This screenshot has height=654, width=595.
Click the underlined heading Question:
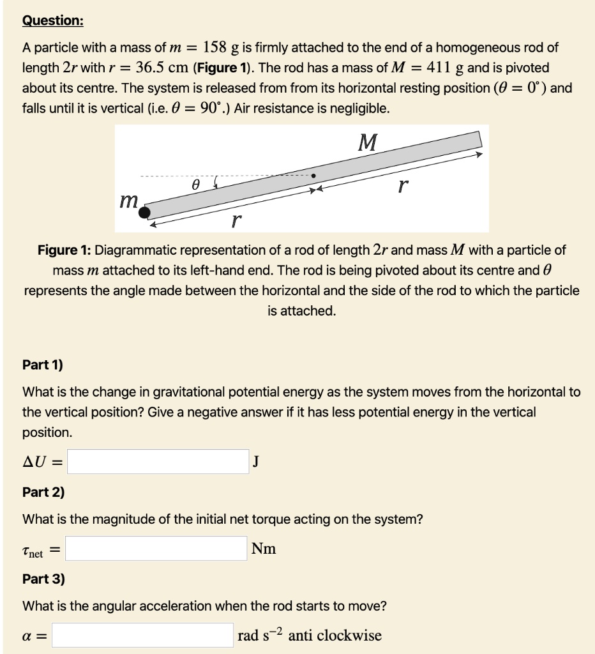pyautogui.click(x=52, y=20)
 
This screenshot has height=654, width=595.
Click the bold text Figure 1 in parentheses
pyautogui.click(x=216, y=68)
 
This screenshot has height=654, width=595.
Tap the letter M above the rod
pyautogui.click(x=367, y=142)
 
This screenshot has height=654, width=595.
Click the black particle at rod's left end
pyautogui.click(x=146, y=211)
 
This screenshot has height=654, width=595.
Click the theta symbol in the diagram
pyautogui.click(x=196, y=185)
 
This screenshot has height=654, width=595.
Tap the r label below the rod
pyautogui.click(x=236, y=220)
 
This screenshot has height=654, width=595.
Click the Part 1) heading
pyautogui.click(x=43, y=365)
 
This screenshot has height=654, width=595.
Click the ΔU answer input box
pyautogui.click(x=158, y=462)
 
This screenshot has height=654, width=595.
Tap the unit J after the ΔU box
pyautogui.click(x=256, y=462)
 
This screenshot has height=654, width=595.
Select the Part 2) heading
pyautogui.click(x=43, y=492)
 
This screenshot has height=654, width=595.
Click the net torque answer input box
pyautogui.click(x=156, y=549)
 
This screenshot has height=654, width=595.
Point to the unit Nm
pyautogui.click(x=264, y=549)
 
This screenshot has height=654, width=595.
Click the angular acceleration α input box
pyautogui.click(x=143, y=635)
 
